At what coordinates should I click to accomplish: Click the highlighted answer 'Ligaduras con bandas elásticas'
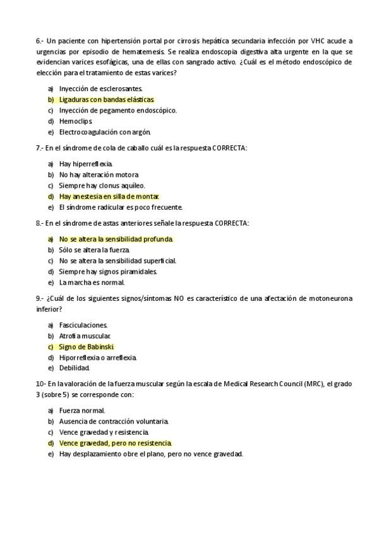coord(106,100)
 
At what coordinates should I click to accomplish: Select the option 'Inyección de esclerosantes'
coord(100,89)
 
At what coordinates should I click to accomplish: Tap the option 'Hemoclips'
coord(76,121)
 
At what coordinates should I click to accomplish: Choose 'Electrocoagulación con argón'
coord(105,132)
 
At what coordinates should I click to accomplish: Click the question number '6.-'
coord(40,41)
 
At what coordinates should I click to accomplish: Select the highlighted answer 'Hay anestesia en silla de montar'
coord(109,197)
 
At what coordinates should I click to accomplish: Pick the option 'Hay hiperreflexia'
coord(85,164)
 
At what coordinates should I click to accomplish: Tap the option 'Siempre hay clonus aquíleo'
coord(102,186)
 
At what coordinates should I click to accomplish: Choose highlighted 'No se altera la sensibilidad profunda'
coord(116,240)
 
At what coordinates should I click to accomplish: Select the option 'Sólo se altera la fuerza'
coord(94,250)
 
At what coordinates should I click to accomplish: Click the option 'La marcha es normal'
coord(92,283)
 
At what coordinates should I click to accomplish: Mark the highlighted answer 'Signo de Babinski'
coord(86,347)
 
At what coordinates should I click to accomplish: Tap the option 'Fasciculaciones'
coord(83,326)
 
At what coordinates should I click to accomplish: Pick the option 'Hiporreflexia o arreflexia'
coord(97,358)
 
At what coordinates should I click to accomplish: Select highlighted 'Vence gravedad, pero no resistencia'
coord(115,444)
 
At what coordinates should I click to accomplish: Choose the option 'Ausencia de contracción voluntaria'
coord(114,422)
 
